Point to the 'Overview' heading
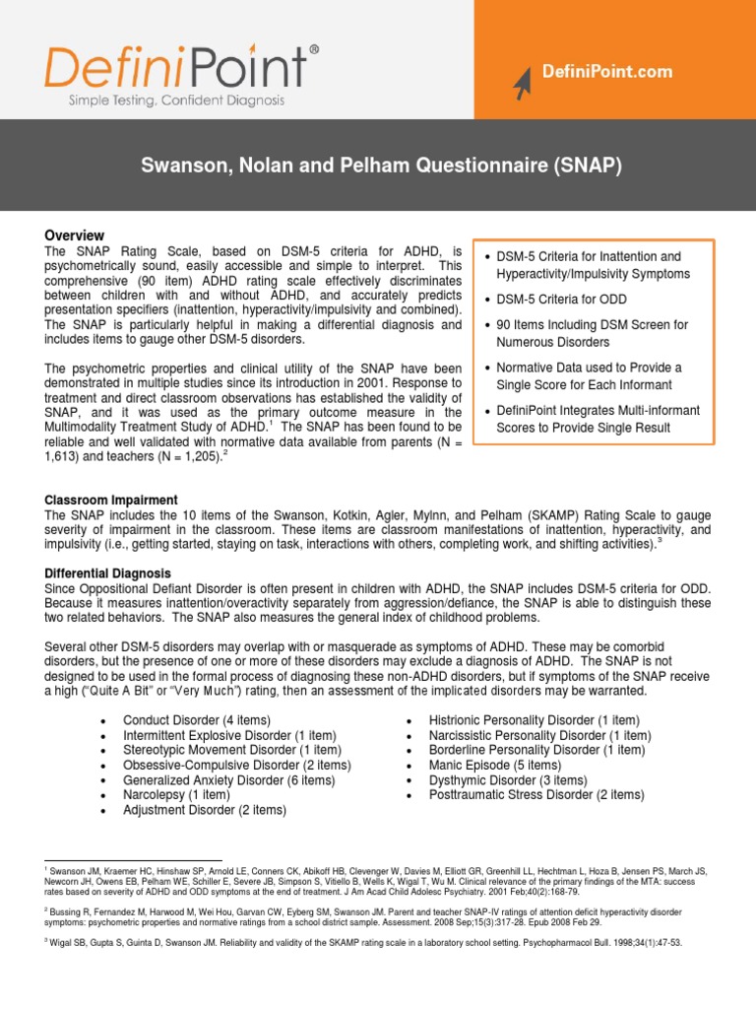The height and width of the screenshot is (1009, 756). [x=74, y=235]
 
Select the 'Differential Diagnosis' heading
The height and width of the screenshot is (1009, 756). [x=108, y=572]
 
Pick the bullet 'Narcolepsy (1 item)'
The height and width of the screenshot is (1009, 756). [x=176, y=794]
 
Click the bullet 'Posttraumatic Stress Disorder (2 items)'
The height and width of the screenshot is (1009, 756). [x=536, y=794]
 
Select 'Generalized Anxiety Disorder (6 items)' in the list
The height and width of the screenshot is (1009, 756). [x=229, y=779]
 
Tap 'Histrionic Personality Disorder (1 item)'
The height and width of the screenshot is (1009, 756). [x=534, y=720]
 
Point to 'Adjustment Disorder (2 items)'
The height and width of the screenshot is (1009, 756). [x=205, y=809]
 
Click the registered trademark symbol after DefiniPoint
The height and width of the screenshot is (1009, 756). [x=314, y=48]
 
